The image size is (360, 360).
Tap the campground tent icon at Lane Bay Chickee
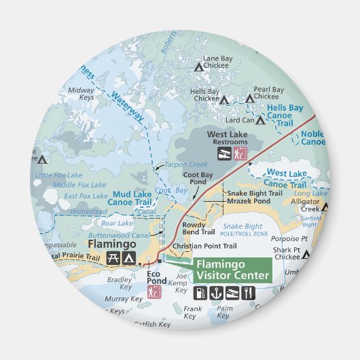pos(199,67)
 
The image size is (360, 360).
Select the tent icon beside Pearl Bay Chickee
pos(249,98)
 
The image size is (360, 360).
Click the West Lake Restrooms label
pos(228,139)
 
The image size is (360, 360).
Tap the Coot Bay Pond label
pos(198,179)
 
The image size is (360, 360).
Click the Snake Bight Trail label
pos(255,193)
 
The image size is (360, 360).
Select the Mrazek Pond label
pos(250,202)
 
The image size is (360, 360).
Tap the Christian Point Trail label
pos(204,246)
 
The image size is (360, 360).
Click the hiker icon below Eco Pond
pos(154,292)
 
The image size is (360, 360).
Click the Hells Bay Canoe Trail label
pos(285,115)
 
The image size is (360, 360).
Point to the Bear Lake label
pos(117,223)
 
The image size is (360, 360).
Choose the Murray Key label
pos(124,299)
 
